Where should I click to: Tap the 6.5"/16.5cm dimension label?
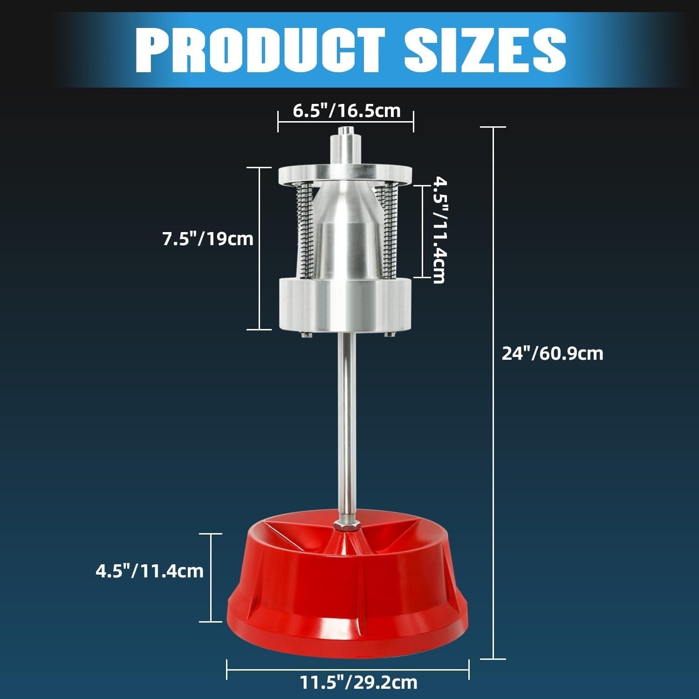point(346,111)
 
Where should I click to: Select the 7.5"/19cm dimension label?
point(207,239)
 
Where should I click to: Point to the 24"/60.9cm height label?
point(552,354)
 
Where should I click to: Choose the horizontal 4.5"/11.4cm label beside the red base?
point(150,571)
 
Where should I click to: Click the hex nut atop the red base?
point(345,525)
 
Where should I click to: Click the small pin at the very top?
point(345,131)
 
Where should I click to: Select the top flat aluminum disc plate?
point(345,174)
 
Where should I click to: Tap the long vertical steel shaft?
point(345,419)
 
